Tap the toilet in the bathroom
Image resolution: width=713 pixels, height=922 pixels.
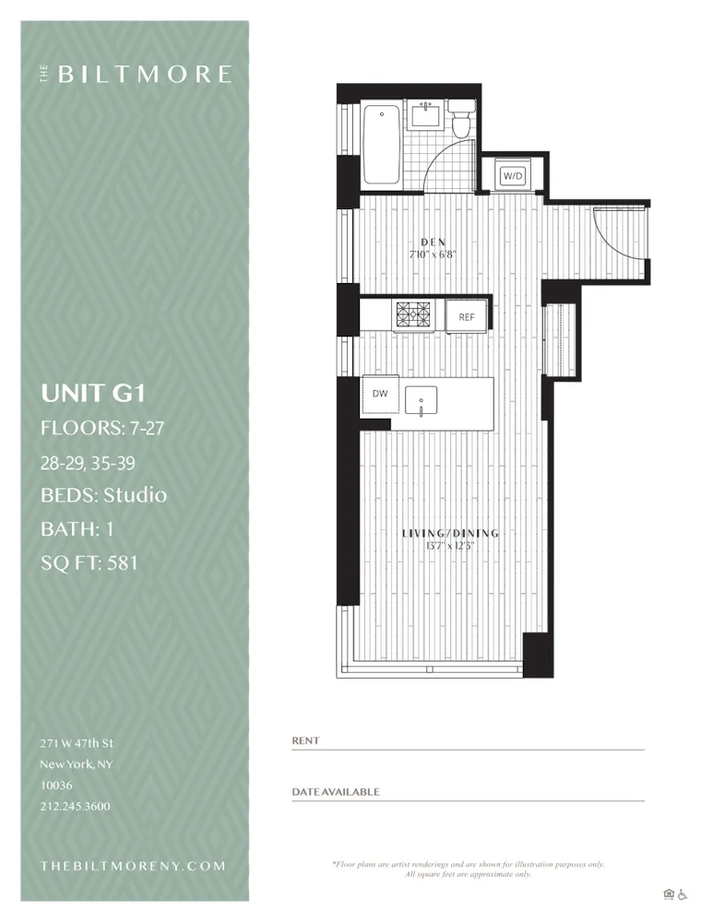click(461, 123)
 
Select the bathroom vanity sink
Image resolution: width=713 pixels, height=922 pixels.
click(426, 116)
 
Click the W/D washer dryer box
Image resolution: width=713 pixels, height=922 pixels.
click(513, 175)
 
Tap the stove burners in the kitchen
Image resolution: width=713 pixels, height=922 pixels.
click(414, 316)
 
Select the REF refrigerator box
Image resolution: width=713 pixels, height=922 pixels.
click(467, 317)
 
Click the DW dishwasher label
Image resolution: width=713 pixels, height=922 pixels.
click(379, 394)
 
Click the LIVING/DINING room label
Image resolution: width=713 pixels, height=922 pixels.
click(450, 533)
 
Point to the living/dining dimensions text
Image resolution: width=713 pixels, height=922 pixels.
click(450, 545)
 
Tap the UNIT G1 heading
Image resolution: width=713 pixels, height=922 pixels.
click(93, 394)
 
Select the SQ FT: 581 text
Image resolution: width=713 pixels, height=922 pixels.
click(89, 562)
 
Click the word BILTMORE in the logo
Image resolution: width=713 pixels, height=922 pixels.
click(145, 75)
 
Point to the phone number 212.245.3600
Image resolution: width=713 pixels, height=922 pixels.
click(75, 806)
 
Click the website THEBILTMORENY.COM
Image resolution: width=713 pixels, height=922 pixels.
click(133, 866)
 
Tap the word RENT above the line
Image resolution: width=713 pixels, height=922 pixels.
click(305, 740)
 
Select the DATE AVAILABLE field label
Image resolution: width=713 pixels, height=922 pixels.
click(335, 792)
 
